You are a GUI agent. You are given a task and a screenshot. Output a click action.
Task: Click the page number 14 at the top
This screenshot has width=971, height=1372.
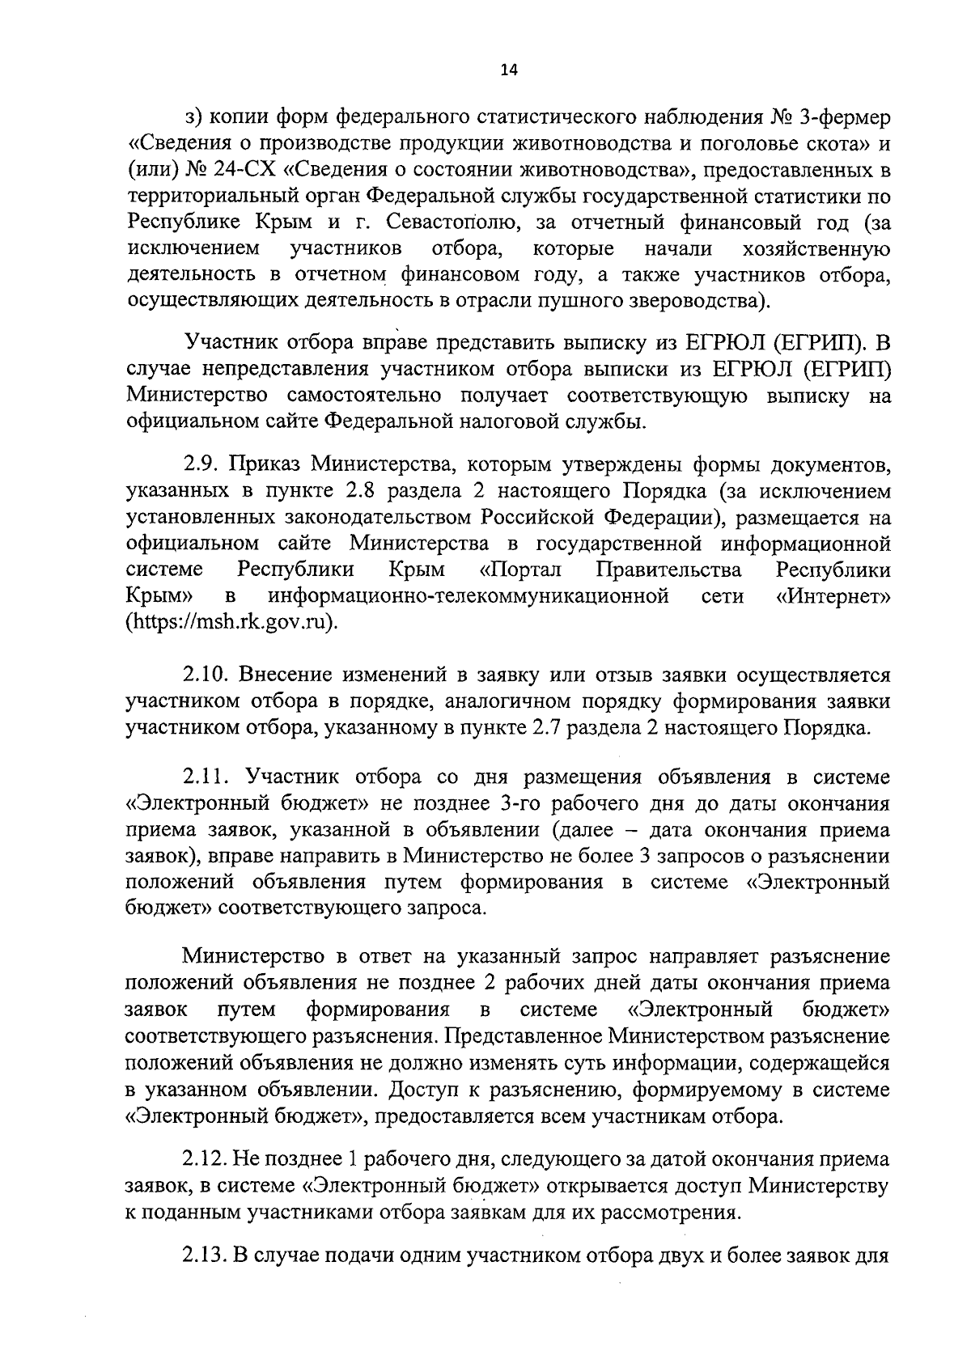pyautogui.click(x=508, y=70)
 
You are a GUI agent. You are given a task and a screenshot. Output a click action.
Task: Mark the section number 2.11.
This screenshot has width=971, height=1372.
pyautogui.click(x=206, y=777)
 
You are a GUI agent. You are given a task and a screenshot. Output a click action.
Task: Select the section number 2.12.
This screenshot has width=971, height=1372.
pyautogui.click(x=205, y=1160)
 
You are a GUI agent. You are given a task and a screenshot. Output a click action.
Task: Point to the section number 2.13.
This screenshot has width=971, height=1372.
pyautogui.click(x=205, y=1256)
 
